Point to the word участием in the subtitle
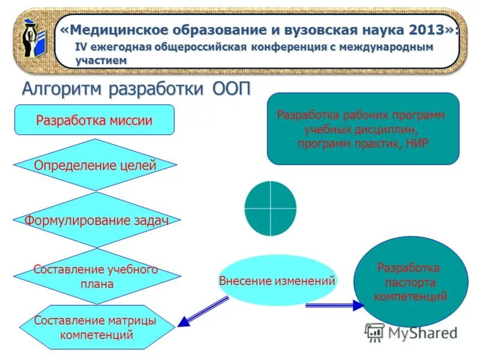point(101,60)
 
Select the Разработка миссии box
point(94,120)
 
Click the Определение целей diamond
point(95,165)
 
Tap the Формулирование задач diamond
point(96,220)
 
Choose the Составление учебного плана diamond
point(96,277)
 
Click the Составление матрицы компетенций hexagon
point(96,328)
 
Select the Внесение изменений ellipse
point(277,280)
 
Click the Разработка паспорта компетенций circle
point(410,281)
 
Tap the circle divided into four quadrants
point(271,208)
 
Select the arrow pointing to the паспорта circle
point(334,306)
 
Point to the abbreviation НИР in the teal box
point(416,143)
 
